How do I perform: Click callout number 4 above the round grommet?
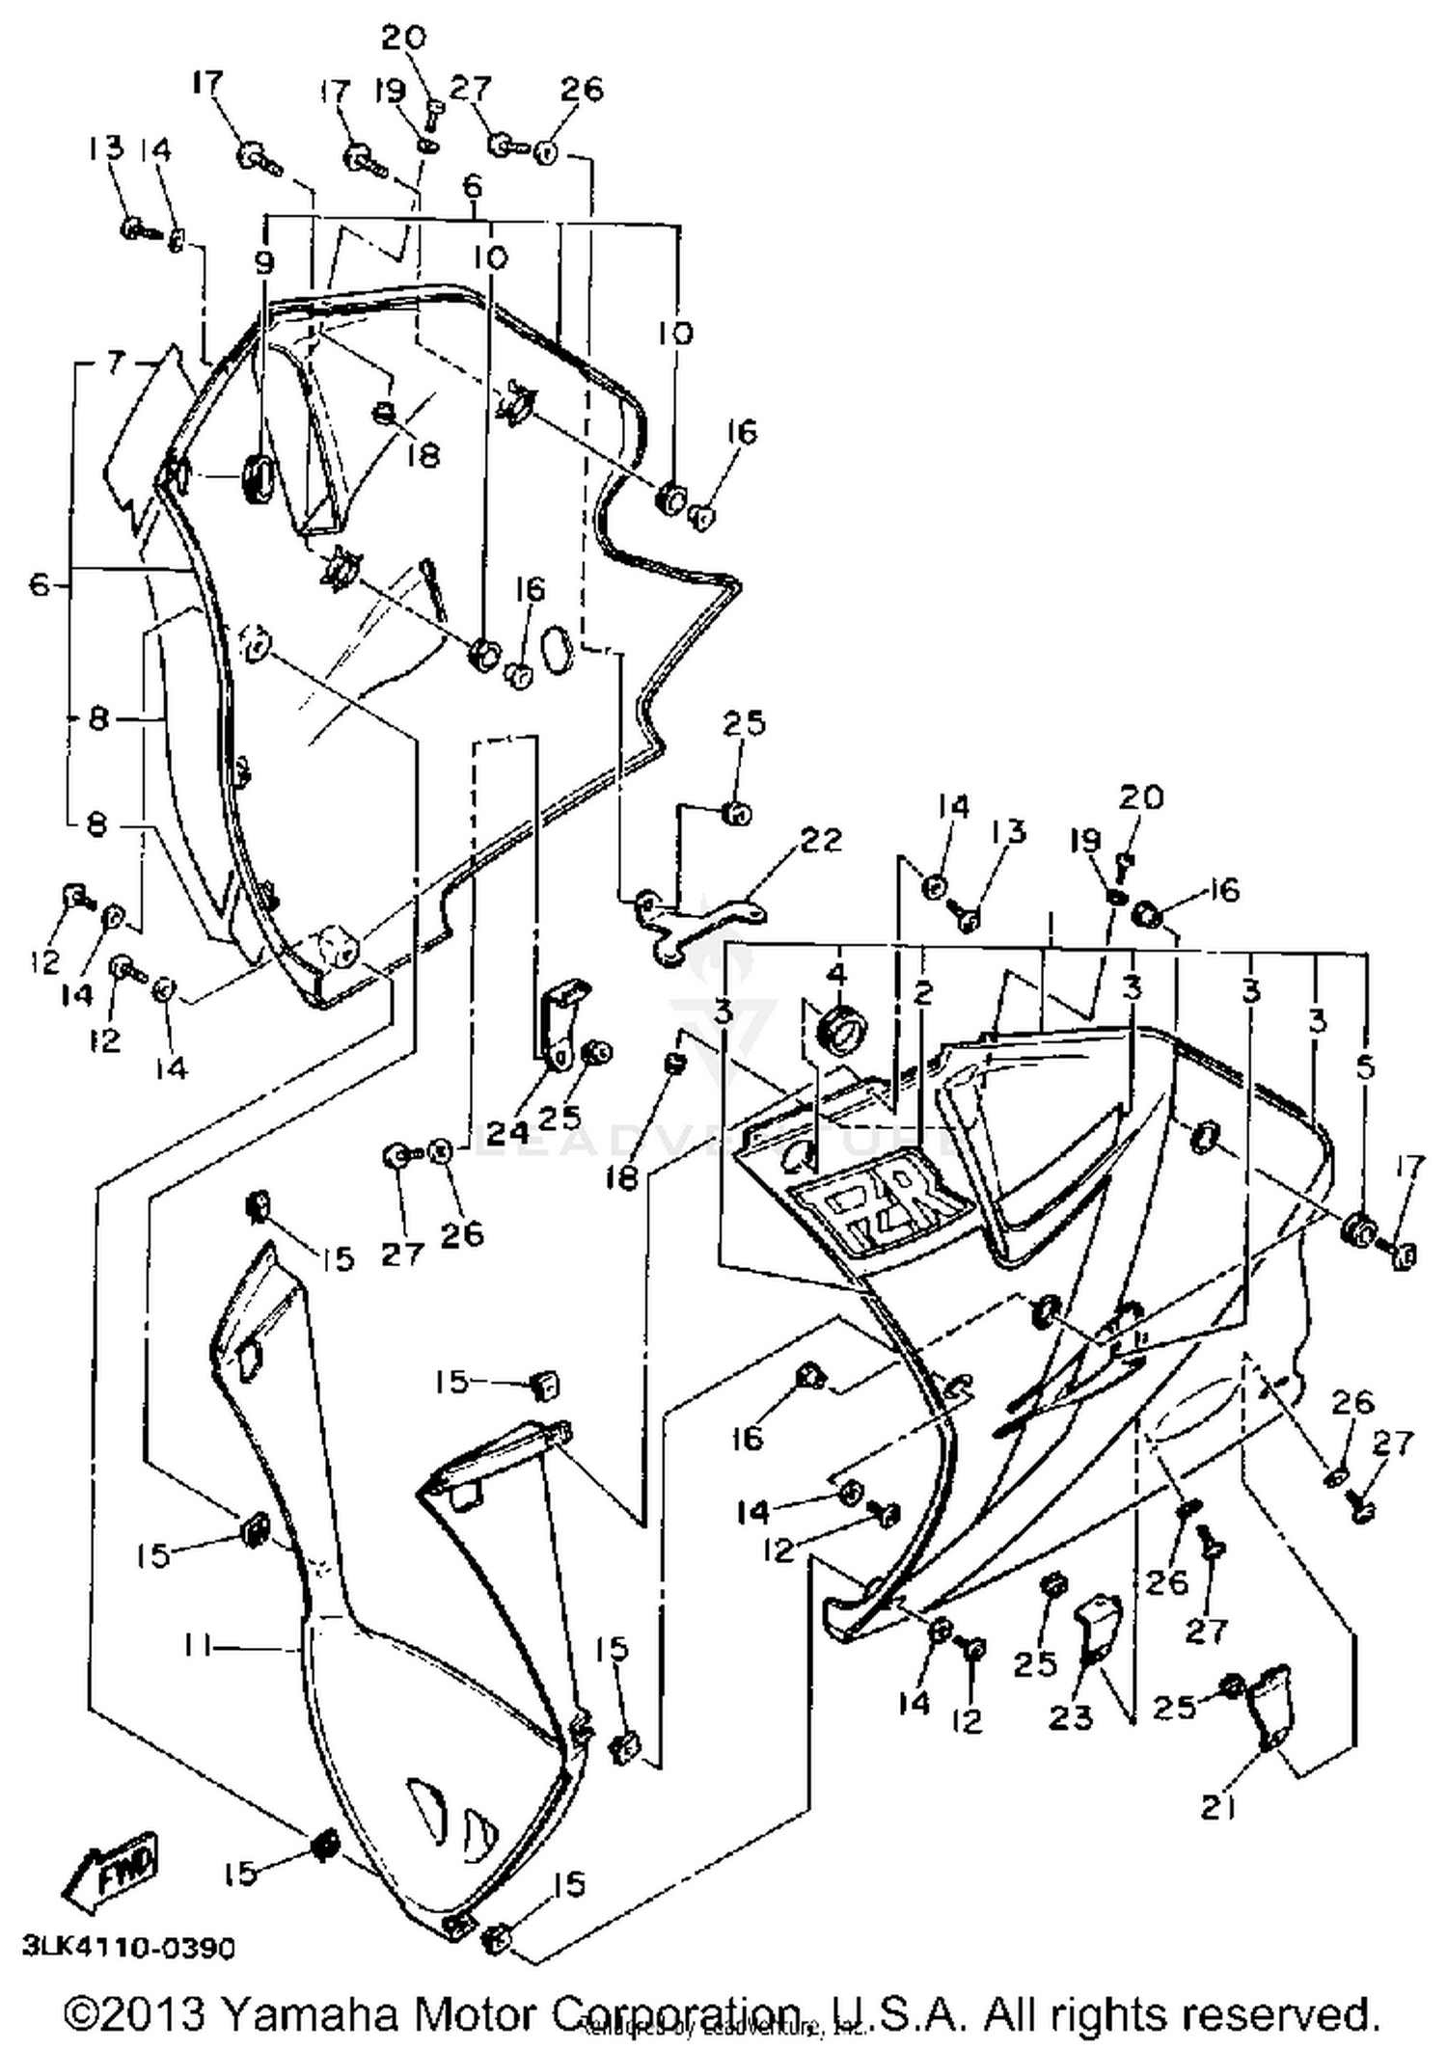click(837, 975)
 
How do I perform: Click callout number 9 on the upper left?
click(265, 261)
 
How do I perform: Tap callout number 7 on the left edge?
click(116, 364)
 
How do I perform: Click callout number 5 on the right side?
click(1365, 1067)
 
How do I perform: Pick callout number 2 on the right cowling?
click(923, 993)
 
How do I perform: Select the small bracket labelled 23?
click(1095, 1627)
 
